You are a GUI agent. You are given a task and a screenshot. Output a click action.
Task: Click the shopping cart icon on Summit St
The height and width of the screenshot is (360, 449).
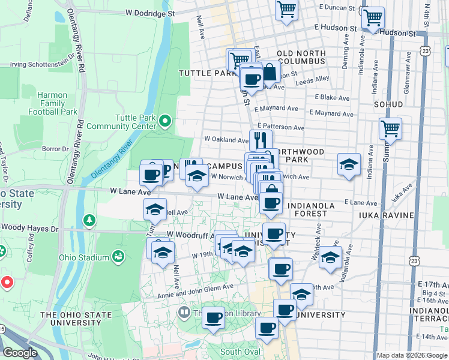(390, 128)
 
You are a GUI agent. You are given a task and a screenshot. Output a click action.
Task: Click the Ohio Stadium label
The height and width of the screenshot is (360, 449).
(85, 258)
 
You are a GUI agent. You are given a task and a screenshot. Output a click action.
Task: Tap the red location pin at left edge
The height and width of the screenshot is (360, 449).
(6, 281)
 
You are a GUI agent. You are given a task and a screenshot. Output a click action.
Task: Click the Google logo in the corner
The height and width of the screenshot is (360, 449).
(20, 353)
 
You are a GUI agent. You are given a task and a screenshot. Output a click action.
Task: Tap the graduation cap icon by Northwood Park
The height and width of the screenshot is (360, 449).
(348, 165)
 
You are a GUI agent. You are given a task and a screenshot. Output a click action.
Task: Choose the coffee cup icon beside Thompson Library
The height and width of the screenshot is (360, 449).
(213, 317)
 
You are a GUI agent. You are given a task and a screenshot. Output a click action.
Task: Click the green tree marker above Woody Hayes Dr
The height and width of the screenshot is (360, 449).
(89, 221)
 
